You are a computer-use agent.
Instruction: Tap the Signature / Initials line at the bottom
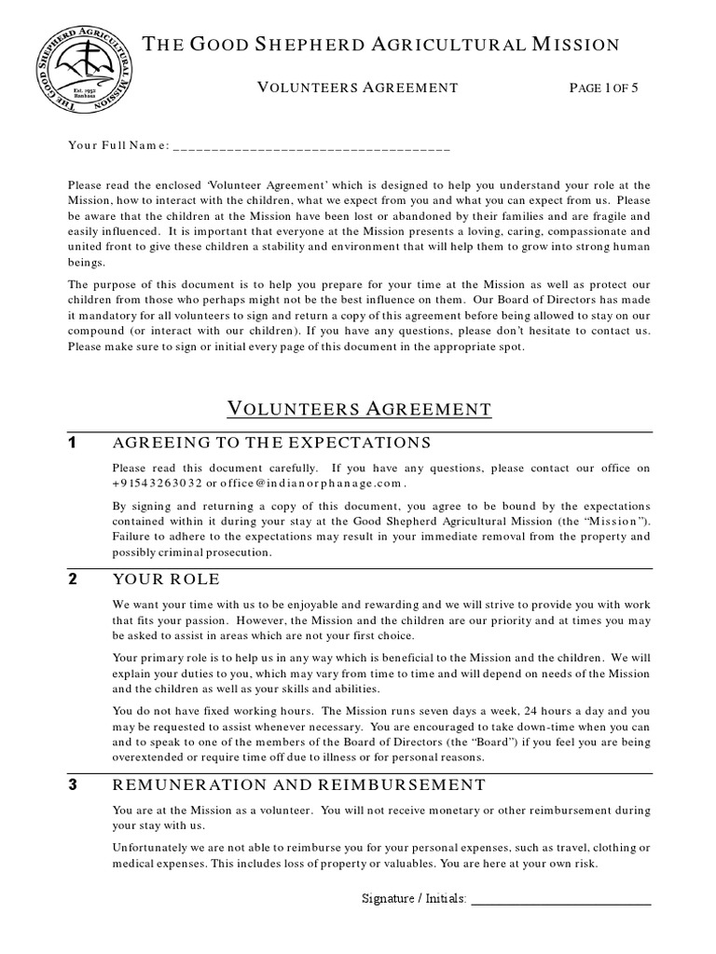[x=562, y=900]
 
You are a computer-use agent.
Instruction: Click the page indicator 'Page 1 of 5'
[x=606, y=88]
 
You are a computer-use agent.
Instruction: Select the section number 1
[x=74, y=442]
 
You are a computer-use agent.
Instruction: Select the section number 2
[x=74, y=579]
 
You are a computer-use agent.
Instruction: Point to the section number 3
[x=74, y=785]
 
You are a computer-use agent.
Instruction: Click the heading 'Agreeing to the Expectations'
[x=271, y=442]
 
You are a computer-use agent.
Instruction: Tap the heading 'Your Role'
[x=166, y=579]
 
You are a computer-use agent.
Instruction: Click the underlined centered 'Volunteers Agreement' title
[x=359, y=408]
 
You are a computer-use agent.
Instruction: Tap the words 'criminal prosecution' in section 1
[x=218, y=552]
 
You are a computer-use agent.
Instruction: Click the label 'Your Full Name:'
[x=118, y=146]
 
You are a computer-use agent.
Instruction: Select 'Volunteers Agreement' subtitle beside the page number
[x=357, y=88]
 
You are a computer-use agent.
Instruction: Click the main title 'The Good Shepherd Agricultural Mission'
[x=379, y=44]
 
